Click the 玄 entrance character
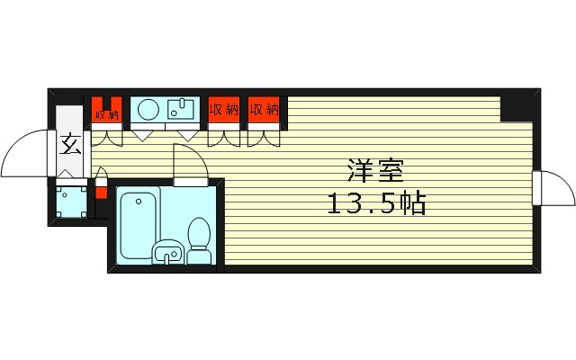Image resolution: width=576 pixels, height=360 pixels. tap(69, 144)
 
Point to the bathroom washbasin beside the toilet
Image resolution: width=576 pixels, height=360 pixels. tap(166, 253)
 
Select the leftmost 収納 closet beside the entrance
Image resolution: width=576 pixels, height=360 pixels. tap(106, 112)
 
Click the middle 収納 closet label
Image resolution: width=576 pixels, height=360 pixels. tap(224, 110)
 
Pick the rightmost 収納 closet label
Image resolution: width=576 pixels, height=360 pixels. tap(265, 110)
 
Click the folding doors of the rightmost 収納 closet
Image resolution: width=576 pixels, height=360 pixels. tap(265, 139)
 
